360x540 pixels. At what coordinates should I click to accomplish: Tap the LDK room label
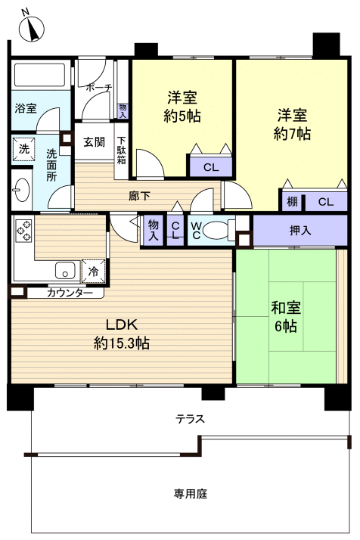point(121,334)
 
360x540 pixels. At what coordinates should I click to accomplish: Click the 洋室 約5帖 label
point(182,106)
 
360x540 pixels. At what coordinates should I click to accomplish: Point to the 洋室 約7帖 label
point(292,124)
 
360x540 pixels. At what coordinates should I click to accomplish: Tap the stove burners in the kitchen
point(22,229)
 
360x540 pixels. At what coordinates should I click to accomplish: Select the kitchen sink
point(63,269)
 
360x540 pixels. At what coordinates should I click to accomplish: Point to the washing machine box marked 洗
point(23,149)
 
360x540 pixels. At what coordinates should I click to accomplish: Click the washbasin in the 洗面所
point(20,189)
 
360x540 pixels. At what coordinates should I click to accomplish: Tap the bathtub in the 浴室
point(41,76)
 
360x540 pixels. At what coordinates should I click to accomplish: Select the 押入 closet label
point(300,230)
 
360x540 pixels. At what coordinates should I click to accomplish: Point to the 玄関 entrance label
point(94,141)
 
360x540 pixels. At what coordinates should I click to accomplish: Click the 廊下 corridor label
point(139,196)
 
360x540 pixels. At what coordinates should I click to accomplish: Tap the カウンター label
point(70,293)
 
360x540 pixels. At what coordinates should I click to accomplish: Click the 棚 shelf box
point(292,202)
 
